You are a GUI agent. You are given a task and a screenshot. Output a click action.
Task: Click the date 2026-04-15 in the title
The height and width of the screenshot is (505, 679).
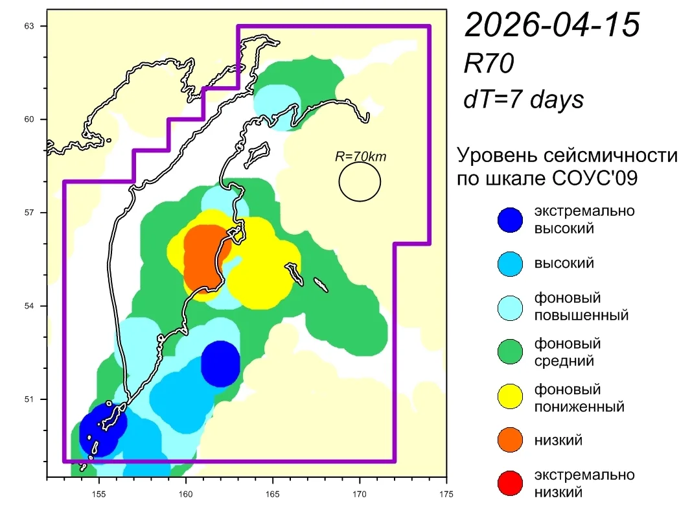[552, 25]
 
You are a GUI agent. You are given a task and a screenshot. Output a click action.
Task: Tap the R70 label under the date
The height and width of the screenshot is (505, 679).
[489, 64]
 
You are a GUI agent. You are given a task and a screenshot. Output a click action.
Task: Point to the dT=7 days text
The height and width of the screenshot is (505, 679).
[524, 99]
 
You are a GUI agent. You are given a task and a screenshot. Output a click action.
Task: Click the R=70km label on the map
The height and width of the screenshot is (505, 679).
[360, 156]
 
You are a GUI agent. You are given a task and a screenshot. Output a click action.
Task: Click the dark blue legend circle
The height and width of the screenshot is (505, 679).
[510, 220]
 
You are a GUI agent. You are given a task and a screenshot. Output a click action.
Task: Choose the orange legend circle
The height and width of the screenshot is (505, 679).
[510, 440]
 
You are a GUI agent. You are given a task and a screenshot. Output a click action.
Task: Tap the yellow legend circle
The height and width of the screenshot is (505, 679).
[510, 396]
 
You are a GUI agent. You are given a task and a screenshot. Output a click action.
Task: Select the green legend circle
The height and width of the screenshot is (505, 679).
[510, 351]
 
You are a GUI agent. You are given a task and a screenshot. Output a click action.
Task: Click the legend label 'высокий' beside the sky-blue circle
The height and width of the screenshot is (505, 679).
[564, 263]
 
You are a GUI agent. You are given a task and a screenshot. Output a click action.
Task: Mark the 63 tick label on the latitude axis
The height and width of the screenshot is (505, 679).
[29, 26]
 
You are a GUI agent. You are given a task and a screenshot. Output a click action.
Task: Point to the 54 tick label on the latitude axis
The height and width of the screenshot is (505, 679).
[29, 306]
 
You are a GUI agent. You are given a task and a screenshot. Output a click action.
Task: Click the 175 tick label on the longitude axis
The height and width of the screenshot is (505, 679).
[446, 494]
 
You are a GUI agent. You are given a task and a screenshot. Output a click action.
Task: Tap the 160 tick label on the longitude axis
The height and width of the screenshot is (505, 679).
[186, 494]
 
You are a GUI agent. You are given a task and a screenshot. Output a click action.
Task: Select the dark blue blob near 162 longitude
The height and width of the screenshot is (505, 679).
[220, 364]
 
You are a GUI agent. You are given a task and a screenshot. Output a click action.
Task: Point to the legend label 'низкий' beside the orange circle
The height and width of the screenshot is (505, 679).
[558, 440]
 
